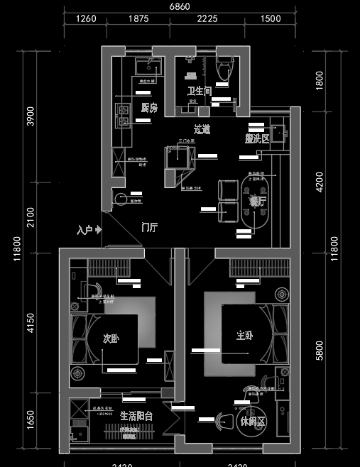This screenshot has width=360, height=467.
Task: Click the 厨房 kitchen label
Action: pos(148,108)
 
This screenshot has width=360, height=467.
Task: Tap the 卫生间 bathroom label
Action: pos(199,92)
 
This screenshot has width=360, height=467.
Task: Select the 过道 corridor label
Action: pos(202,130)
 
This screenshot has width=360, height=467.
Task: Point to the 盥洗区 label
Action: pos(257,139)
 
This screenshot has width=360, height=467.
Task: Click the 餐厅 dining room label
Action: pos(257,202)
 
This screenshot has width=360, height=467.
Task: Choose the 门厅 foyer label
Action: pos(149,227)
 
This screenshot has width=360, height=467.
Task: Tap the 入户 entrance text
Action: pos(85,230)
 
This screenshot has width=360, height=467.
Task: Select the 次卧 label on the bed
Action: pos(111,339)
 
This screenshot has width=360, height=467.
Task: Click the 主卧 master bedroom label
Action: pos(245,335)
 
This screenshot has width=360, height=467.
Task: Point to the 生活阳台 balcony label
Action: pos(136,417)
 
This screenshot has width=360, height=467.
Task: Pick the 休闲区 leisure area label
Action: pos(252,421)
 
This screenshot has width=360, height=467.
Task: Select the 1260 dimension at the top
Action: pos(86,19)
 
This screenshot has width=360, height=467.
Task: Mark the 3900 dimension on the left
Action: pos(30,115)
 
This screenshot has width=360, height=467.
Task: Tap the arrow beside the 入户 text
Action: pos(99,229)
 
